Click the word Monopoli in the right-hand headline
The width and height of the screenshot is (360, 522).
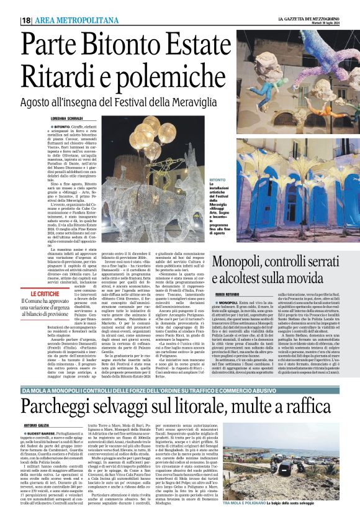click(240, 262)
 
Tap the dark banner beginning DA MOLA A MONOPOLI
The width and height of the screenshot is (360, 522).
click(179, 372)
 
